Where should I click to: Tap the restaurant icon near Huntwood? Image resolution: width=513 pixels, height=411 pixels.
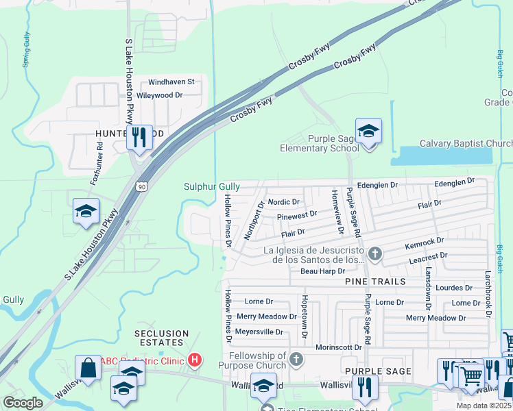[x=139, y=137]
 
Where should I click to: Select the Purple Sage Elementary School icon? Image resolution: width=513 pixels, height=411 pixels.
[x=368, y=131]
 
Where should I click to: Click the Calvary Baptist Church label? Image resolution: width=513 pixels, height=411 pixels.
[x=456, y=143]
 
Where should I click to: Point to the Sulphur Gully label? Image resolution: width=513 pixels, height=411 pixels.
[x=211, y=186]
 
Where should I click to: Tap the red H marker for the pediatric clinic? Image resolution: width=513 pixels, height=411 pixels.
[x=195, y=360]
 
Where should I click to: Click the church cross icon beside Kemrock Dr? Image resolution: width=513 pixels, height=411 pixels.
[x=374, y=254]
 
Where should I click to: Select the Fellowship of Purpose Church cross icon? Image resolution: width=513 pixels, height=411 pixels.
[x=296, y=359]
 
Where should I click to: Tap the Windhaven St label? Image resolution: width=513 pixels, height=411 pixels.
[x=171, y=82]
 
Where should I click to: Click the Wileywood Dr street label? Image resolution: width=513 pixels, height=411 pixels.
[x=159, y=95]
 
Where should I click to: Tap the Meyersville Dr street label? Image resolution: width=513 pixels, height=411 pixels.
[x=259, y=332]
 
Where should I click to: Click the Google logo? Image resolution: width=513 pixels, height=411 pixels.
[x=23, y=403]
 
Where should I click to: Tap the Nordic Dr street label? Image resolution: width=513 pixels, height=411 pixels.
[x=284, y=202]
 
